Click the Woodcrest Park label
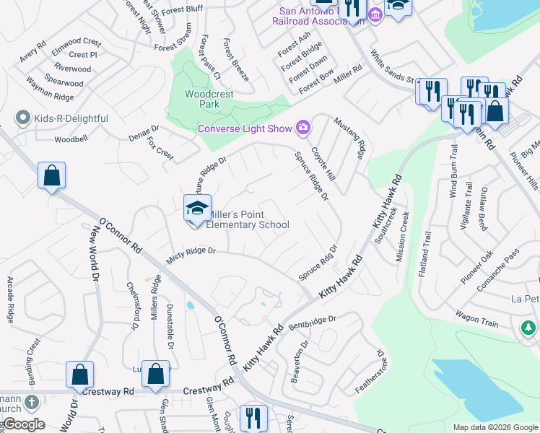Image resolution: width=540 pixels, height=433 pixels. point(203,99)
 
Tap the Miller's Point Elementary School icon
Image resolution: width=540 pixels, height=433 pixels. point(197,209)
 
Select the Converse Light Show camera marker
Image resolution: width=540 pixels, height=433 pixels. point(303,128)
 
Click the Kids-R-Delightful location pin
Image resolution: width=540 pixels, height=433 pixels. point(23,118)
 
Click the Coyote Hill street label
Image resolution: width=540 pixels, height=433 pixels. point(323,165)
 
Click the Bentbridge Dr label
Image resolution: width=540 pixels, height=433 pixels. point(313,321)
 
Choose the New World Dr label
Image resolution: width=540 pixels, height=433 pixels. point(94,248)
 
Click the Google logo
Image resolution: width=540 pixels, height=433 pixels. point(23,424)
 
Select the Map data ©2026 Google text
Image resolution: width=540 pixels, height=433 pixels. point(495,427)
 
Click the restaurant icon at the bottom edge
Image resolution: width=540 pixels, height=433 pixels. point(253,419)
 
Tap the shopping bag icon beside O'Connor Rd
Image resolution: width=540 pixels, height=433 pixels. point(52,176)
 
